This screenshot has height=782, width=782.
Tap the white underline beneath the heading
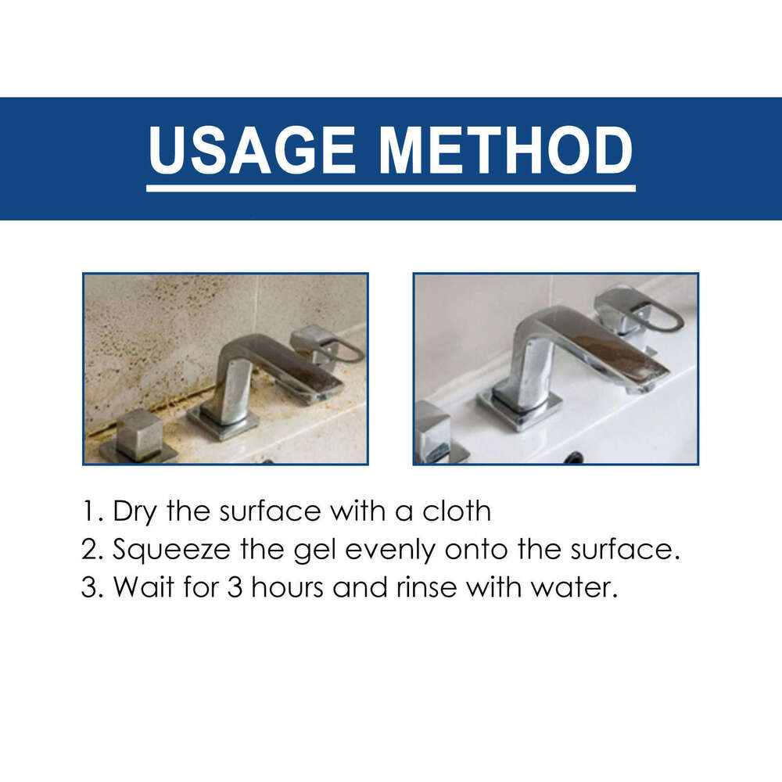tap(391, 188)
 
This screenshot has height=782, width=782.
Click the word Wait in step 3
tap(138, 587)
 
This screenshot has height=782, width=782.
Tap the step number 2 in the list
tap(89, 550)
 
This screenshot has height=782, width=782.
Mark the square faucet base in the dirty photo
tap(223, 422)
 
